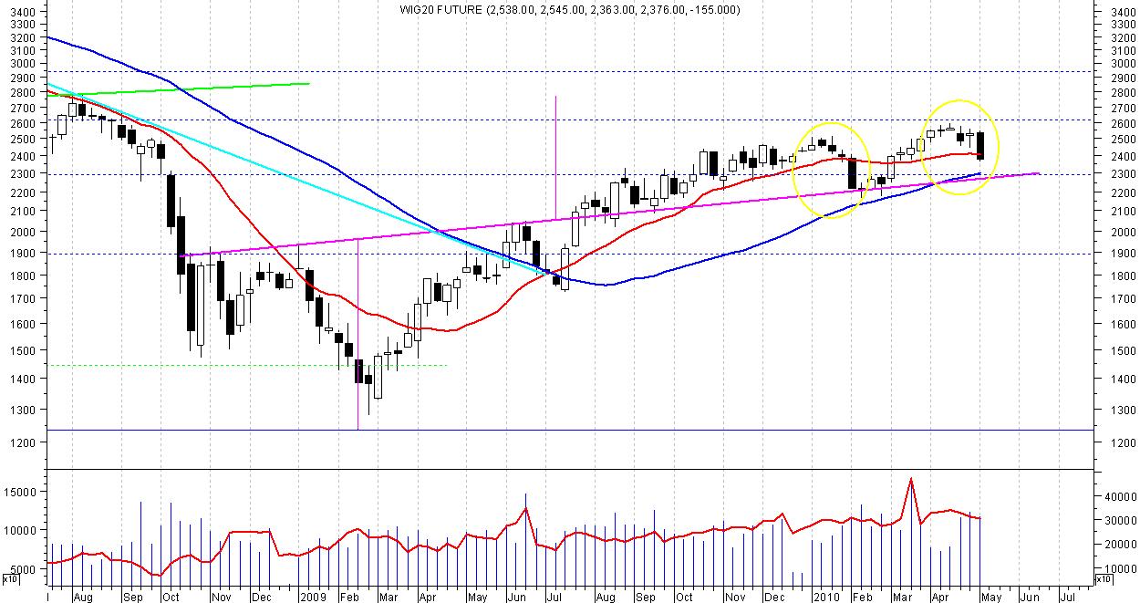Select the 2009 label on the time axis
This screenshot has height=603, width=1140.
[313, 598]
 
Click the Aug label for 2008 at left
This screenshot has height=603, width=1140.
[82, 598]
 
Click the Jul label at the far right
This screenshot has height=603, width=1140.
[1066, 598]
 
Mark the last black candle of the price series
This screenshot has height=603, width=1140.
[980, 145]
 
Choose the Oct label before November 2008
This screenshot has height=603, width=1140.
[171, 598]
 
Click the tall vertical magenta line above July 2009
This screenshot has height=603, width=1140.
[555, 155]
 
